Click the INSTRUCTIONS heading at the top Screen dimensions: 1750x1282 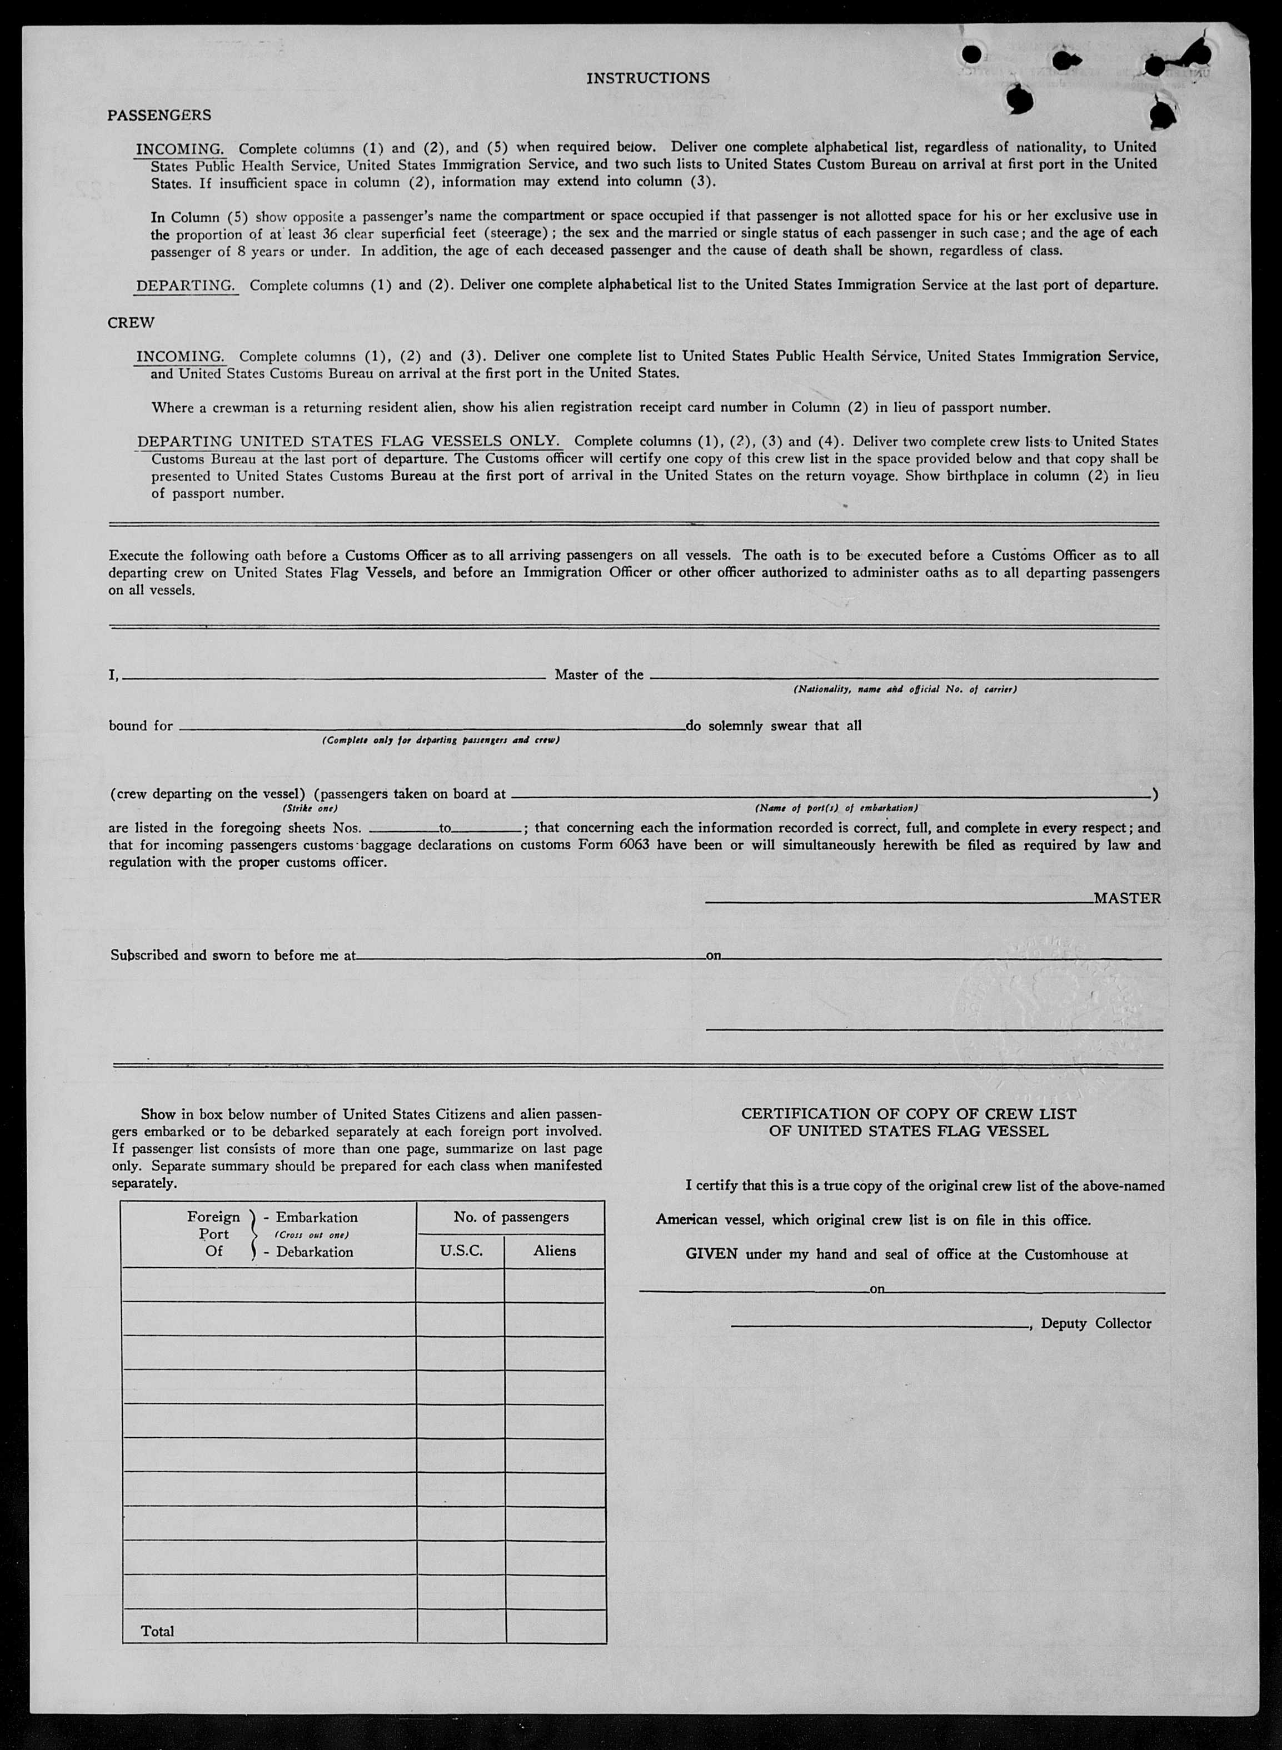(x=647, y=78)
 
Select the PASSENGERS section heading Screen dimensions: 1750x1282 (x=159, y=115)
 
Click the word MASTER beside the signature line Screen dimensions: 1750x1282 (x=1127, y=898)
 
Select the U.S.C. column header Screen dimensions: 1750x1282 (x=461, y=1251)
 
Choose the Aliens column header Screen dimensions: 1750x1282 (x=554, y=1251)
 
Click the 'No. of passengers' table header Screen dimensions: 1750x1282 (x=511, y=1217)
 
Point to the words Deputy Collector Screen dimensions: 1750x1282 (x=1096, y=1323)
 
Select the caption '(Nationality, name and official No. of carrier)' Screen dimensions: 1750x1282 (x=904, y=689)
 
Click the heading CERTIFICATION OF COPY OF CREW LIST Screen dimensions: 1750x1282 (x=908, y=1114)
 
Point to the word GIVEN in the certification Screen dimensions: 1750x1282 (x=711, y=1254)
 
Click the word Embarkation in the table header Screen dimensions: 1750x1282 (x=317, y=1217)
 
